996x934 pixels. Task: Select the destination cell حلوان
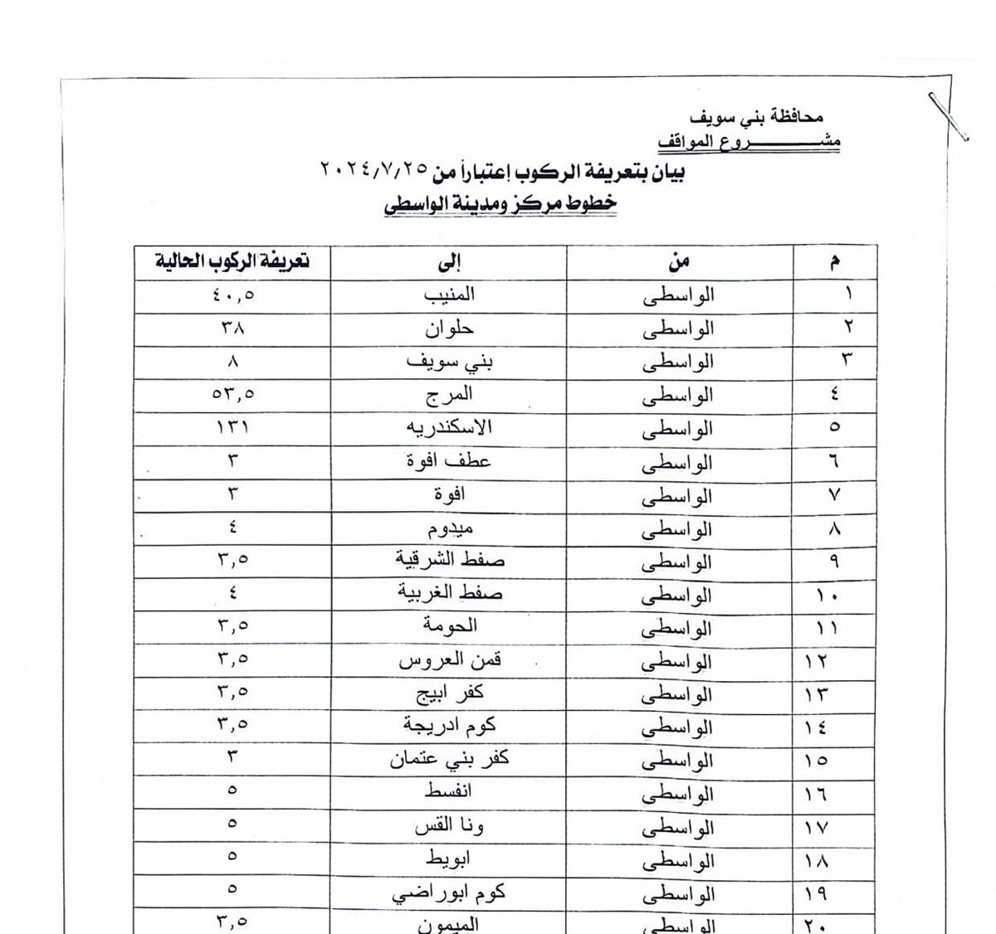click(449, 328)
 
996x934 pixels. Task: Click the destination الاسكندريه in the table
click(448, 428)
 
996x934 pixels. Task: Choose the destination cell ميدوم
click(448, 528)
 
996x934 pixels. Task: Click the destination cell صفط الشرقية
click(449, 562)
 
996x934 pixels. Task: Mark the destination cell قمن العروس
click(450, 661)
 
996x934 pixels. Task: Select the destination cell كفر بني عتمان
click(449, 760)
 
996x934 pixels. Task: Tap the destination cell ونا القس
click(449, 827)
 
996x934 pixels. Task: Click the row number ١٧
click(817, 828)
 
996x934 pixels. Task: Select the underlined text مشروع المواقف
click(749, 142)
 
